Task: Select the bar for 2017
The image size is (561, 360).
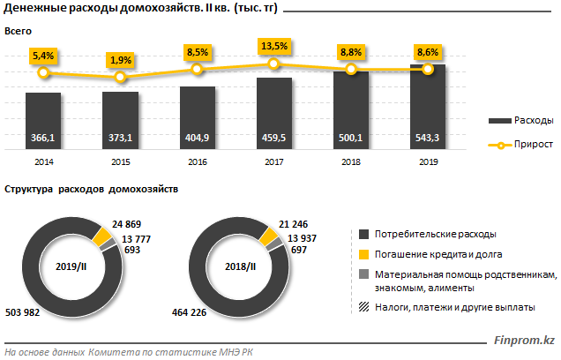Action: [273, 115]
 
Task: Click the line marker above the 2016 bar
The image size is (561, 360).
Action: [197, 70]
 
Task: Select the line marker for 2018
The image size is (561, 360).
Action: [351, 69]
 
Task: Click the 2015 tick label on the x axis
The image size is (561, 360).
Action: [120, 162]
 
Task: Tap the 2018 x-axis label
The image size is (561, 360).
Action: [351, 162]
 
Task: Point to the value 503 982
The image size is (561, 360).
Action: [23, 311]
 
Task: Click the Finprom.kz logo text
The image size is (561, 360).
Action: [524, 340]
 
